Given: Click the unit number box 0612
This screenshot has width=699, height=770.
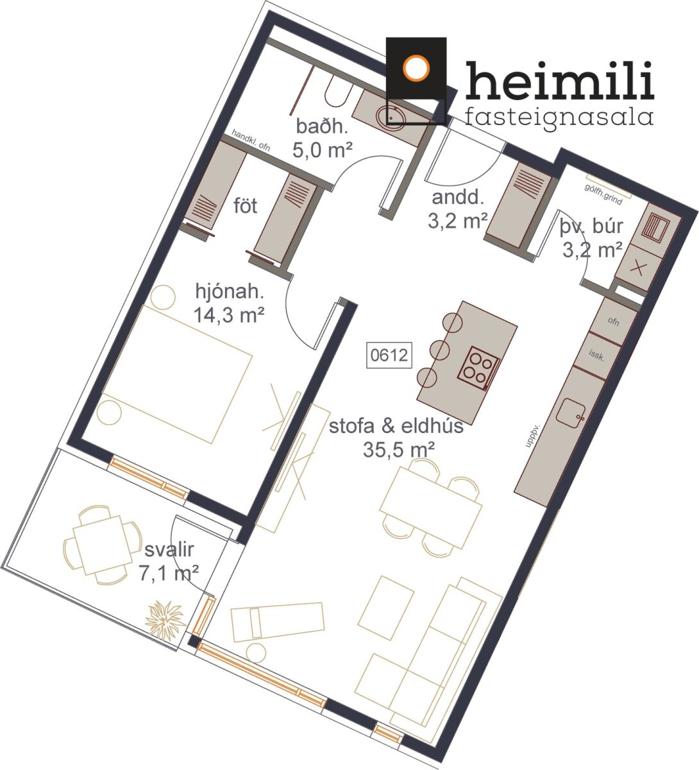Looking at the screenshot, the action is (389, 355).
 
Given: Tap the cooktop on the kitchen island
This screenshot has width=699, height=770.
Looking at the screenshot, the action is (479, 368).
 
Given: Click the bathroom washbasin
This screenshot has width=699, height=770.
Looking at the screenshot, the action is (391, 115).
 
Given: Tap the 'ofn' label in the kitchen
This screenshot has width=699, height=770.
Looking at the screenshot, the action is (614, 321).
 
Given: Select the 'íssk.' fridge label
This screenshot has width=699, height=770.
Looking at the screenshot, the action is (596, 355).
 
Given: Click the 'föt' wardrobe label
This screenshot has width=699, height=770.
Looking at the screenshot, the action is (245, 206).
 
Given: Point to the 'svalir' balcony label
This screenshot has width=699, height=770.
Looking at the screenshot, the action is (169, 550).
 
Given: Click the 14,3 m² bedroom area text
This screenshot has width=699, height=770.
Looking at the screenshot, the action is (229, 316).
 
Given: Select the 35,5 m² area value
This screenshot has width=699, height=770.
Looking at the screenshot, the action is (399, 449).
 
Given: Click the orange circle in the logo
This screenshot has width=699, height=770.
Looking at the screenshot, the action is (416, 69).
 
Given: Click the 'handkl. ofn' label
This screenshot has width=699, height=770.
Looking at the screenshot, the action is (251, 140).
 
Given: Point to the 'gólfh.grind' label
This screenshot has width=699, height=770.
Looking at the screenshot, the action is (603, 194).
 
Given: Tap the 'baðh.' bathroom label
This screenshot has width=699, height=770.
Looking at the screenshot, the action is (322, 126).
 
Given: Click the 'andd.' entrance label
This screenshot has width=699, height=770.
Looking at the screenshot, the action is (457, 197).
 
